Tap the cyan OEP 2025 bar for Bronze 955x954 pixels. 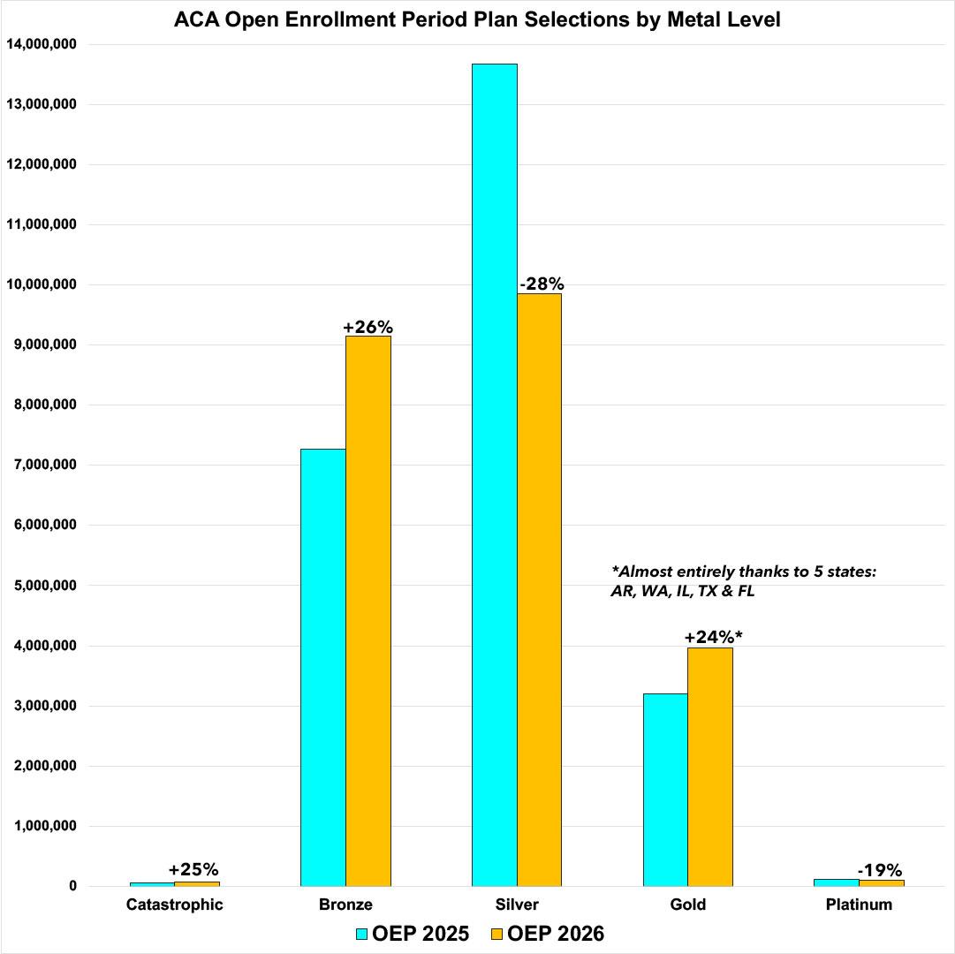click(322, 667)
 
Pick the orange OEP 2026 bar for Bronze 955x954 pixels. click(368, 610)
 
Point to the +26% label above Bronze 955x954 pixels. click(368, 327)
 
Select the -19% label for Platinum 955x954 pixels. click(879, 869)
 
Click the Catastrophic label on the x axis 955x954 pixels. click(175, 905)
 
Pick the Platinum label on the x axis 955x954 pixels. click(859, 905)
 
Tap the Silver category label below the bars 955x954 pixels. click(517, 905)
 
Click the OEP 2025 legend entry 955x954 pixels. click(412, 934)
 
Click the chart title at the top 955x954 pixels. click(477, 19)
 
